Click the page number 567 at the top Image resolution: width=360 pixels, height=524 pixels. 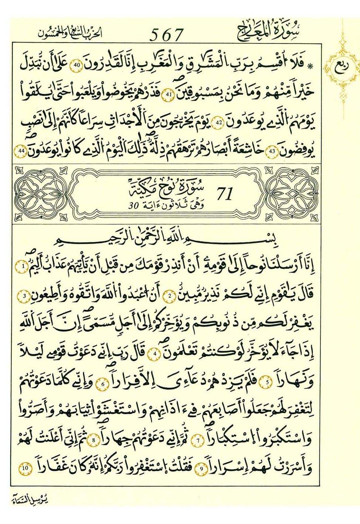[x=166, y=35]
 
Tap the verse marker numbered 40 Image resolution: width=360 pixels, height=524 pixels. [x=77, y=65]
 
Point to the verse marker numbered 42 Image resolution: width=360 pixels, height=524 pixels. [x=218, y=122]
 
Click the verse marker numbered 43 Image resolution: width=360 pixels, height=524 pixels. [x=272, y=151]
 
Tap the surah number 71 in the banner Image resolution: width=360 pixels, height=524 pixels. [x=224, y=194]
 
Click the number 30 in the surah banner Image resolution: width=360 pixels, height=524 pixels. [x=133, y=206]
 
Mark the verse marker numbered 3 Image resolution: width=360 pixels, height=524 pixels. [x=24, y=295]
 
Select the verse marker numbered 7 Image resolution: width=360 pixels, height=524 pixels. [x=198, y=440]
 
